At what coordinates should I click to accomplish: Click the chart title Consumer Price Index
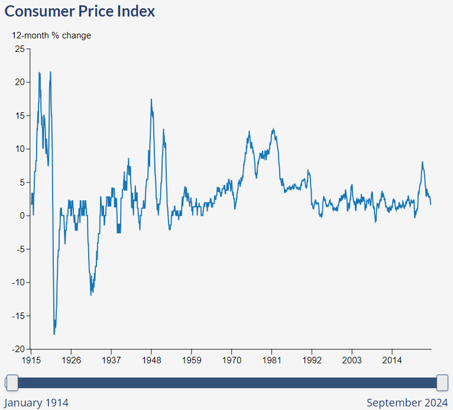[x=80, y=11]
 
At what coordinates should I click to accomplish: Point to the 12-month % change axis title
[x=51, y=35]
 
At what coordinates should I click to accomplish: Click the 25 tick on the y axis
[x=20, y=49]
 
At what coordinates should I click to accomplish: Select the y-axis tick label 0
[x=22, y=216]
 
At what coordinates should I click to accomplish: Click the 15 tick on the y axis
[x=20, y=116]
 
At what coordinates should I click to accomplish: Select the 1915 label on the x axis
[x=31, y=360]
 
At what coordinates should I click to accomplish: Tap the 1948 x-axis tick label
[x=151, y=360]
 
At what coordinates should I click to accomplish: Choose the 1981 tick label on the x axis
[x=272, y=360]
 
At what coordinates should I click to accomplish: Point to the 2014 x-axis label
[x=392, y=360]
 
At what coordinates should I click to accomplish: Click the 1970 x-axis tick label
[x=232, y=360]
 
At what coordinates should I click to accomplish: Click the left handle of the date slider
[x=11, y=383]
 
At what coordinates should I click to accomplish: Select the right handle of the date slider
[x=442, y=383]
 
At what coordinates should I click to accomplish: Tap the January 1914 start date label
[x=37, y=403]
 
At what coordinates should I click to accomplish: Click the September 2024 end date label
[x=407, y=403]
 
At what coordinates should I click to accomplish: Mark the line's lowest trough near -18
[x=54, y=334]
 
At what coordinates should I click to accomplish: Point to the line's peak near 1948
[x=151, y=99]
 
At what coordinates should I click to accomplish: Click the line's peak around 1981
[x=273, y=129]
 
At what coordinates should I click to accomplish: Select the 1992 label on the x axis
[x=312, y=360]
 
